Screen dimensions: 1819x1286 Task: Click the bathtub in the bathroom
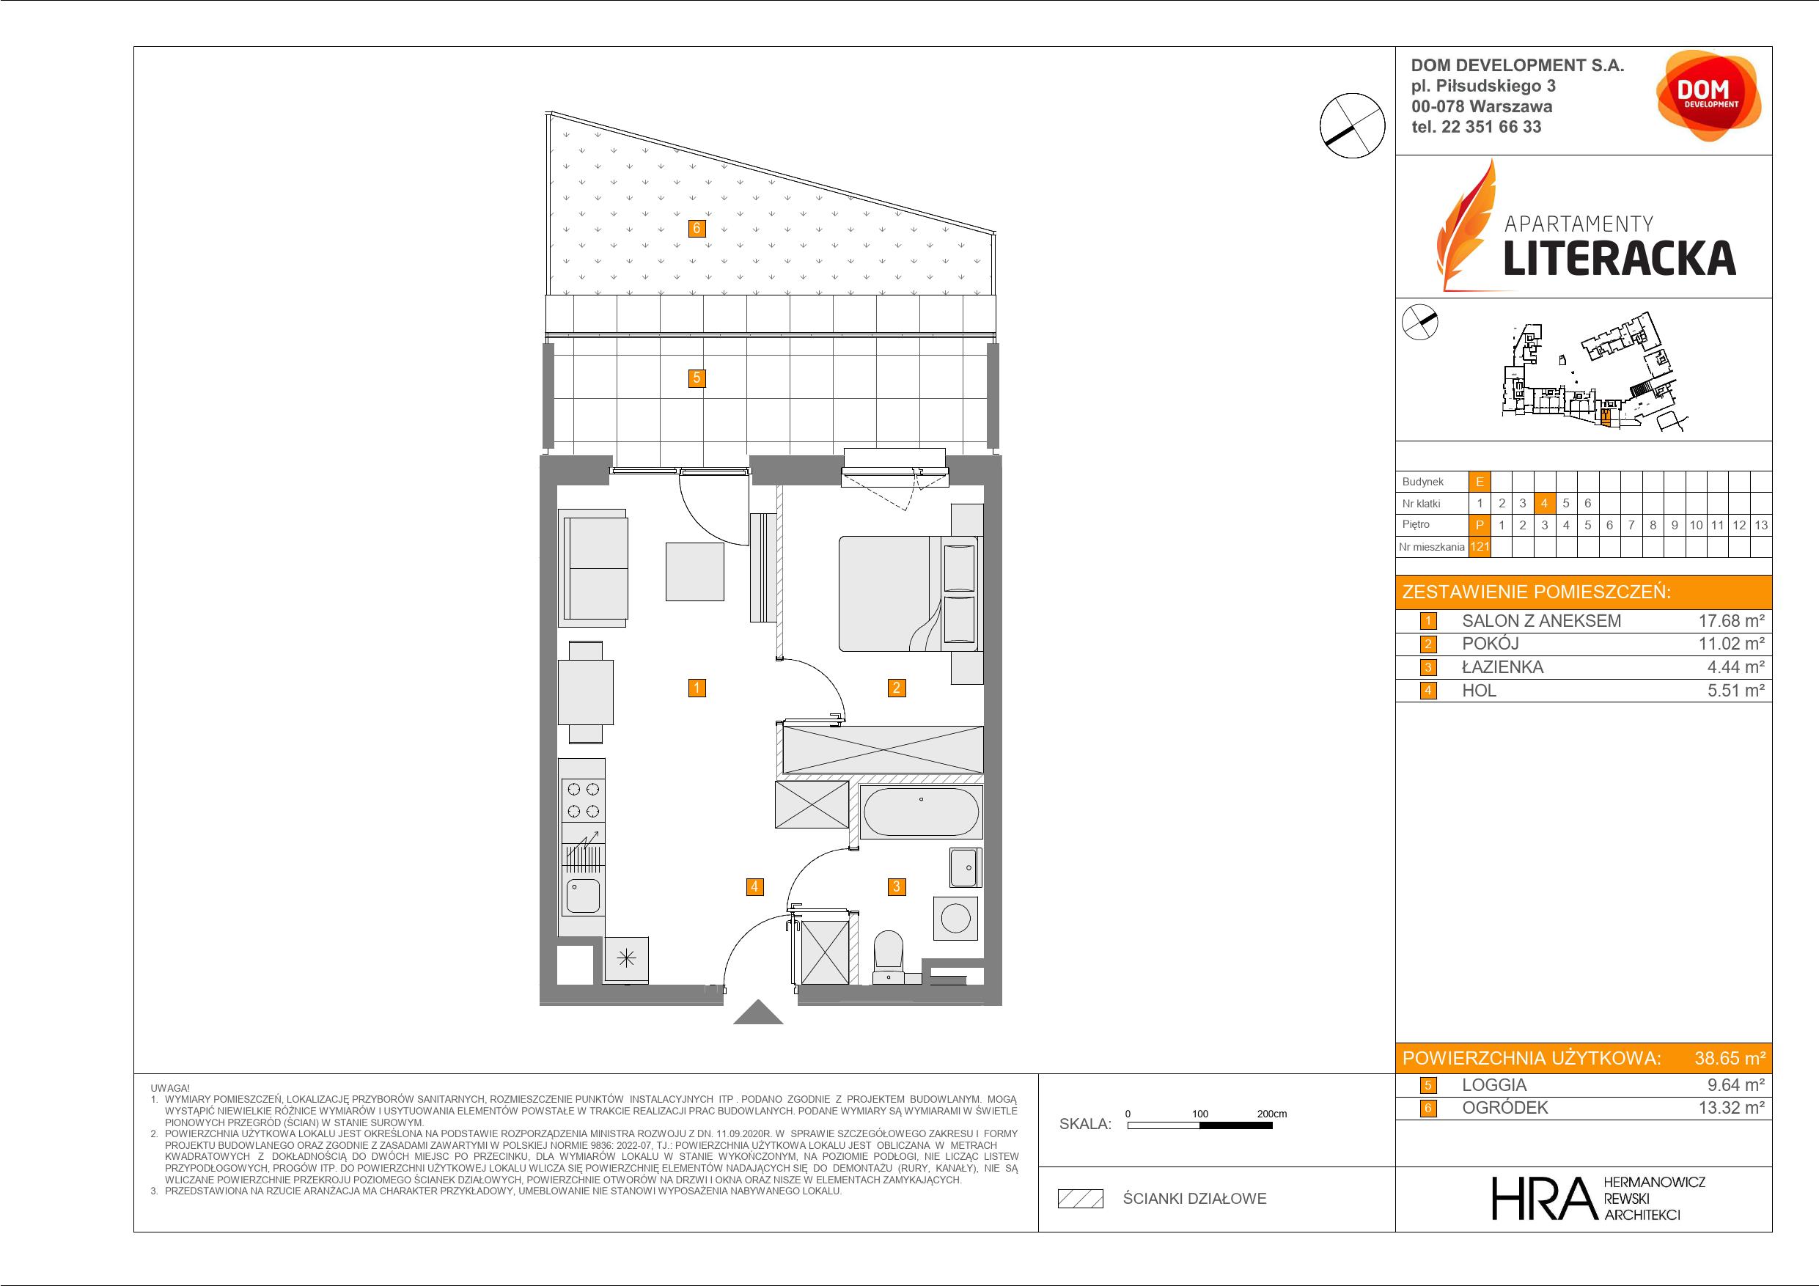[921, 812]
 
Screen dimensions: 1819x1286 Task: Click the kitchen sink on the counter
[583, 895]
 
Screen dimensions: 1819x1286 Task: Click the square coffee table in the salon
[695, 571]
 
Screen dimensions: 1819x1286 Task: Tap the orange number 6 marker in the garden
[697, 229]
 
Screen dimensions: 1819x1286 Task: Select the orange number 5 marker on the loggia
[697, 378]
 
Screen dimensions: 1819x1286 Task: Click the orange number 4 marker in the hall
[754, 886]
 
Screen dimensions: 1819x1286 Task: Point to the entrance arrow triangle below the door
[758, 1013]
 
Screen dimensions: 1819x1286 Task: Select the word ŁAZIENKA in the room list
[1502, 667]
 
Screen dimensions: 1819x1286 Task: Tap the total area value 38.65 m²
[1730, 1058]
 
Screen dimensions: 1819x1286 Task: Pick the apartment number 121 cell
[1479, 547]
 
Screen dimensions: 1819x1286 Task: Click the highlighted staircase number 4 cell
[1544, 503]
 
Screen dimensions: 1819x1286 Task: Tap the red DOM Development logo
[1708, 96]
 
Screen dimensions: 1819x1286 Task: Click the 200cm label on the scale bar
[1271, 1113]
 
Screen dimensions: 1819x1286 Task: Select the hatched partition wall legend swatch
[1081, 1199]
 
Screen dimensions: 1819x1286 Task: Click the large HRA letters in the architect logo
[1543, 1198]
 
